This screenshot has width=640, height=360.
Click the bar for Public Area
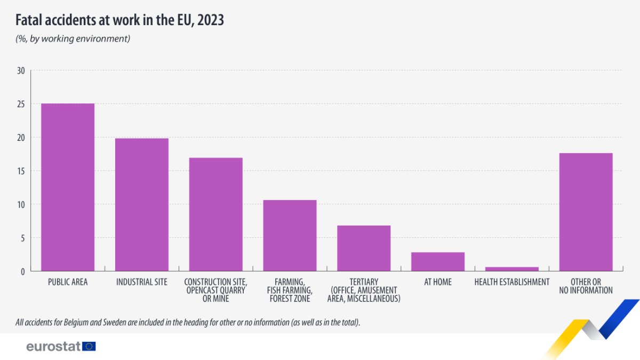(x=68, y=187)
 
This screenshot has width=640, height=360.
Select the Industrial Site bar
(x=142, y=205)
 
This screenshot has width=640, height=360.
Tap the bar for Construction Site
(x=216, y=214)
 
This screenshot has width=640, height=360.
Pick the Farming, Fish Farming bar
(x=290, y=236)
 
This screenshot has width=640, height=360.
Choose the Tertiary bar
(x=364, y=249)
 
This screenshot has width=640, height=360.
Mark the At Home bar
(x=438, y=262)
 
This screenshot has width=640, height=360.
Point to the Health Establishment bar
(x=512, y=269)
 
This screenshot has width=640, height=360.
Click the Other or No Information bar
(x=586, y=212)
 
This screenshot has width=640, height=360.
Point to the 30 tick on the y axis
(x=21, y=70)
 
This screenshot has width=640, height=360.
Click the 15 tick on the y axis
(x=21, y=171)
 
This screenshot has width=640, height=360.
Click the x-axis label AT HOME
(x=438, y=282)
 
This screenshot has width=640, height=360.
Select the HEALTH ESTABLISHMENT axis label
(x=512, y=282)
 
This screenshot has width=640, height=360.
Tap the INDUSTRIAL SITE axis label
(x=142, y=282)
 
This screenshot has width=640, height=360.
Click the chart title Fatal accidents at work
(x=119, y=20)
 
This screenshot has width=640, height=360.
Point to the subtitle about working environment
(x=73, y=39)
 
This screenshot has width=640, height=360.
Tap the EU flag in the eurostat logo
(x=89, y=346)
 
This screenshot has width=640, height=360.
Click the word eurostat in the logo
(x=53, y=346)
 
